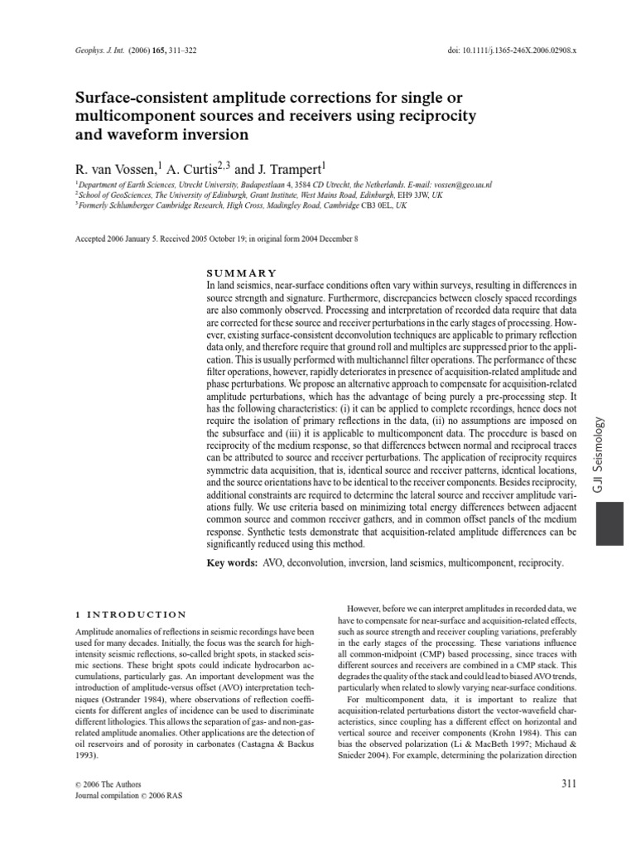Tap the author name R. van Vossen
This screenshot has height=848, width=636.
click(114, 165)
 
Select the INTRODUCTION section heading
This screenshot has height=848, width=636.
click(142, 614)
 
